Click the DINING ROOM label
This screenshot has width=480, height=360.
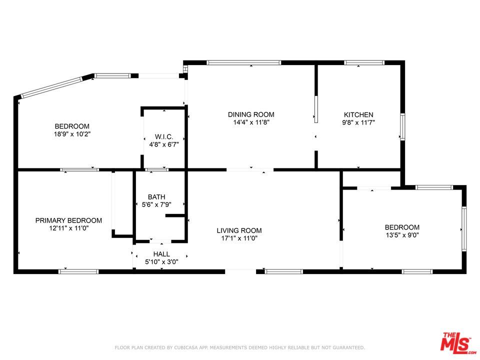pyautogui.click(x=251, y=114)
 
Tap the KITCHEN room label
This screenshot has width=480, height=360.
pyautogui.click(x=358, y=114)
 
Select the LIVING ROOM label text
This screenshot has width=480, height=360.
pyautogui.click(x=239, y=230)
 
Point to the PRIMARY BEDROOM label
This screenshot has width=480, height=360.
pyautogui.click(x=68, y=220)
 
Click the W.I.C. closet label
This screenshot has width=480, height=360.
pyautogui.click(x=164, y=136)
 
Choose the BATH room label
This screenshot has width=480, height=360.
pyautogui.click(x=156, y=197)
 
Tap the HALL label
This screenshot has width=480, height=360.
pyautogui.click(x=161, y=254)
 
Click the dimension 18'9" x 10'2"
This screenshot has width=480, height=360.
pyautogui.click(x=72, y=134)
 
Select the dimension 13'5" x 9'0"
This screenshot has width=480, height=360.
pyautogui.click(x=402, y=235)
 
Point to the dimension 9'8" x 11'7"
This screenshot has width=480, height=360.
pyautogui.click(x=358, y=122)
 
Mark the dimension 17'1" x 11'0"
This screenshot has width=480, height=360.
pyautogui.click(x=239, y=238)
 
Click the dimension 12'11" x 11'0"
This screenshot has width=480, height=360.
pyautogui.click(x=68, y=228)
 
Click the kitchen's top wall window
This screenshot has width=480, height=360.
pyautogui.click(x=364, y=63)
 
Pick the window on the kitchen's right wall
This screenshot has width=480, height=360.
pyautogui.click(x=402, y=127)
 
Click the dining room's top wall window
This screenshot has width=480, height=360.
pyautogui.click(x=244, y=63)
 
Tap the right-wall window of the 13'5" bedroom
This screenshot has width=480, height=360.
pyautogui.click(x=464, y=229)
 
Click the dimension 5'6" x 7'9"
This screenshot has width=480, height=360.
pyautogui.click(x=156, y=204)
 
